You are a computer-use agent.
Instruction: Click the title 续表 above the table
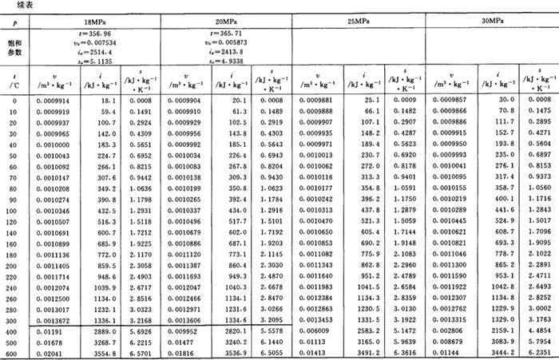(16, 5)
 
